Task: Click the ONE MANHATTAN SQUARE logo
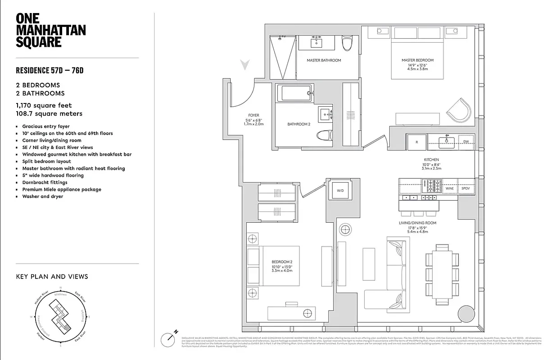coord(50,30)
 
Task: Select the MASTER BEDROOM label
coord(417,60)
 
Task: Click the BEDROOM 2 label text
coord(282,262)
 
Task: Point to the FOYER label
coord(253,116)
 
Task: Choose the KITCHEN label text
coord(431,160)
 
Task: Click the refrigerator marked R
coord(417,142)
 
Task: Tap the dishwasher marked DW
coord(466,142)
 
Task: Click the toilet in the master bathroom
coord(347,44)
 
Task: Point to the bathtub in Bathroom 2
coord(294,93)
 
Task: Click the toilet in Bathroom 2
coord(323,135)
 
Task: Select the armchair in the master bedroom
coord(459,109)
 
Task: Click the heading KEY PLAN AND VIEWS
coord(52,277)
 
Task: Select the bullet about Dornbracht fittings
coord(45,182)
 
